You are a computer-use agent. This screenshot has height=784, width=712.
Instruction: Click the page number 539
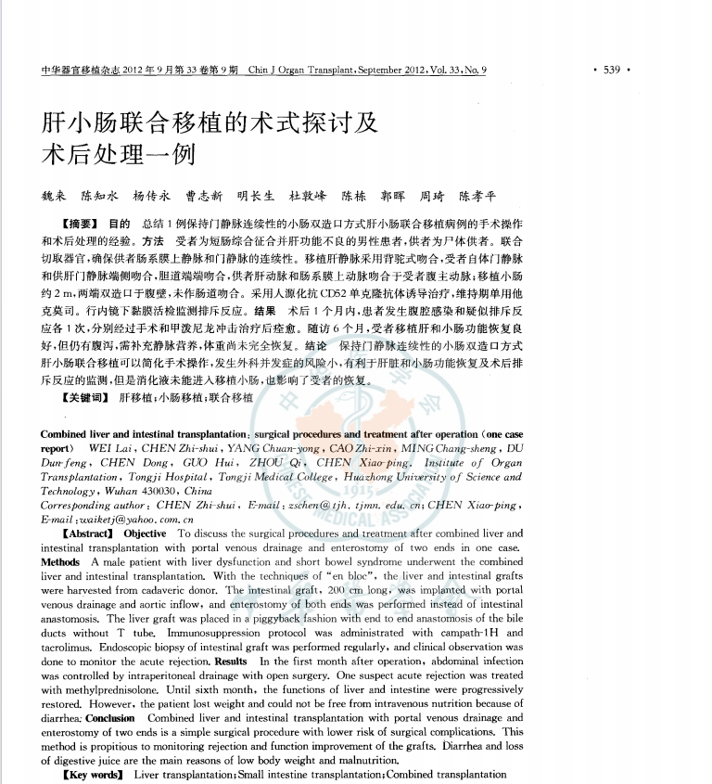tap(611, 70)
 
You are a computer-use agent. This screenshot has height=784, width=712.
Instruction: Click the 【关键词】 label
tap(83, 397)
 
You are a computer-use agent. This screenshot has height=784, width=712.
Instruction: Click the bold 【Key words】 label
tap(92, 774)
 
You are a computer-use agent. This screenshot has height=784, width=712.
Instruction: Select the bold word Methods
tap(60, 562)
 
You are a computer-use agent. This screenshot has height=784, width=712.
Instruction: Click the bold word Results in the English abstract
tap(231, 661)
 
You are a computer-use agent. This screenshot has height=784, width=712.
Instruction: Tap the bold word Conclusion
tap(110, 718)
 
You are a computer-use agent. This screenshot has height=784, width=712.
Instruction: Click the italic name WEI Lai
tap(109, 448)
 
